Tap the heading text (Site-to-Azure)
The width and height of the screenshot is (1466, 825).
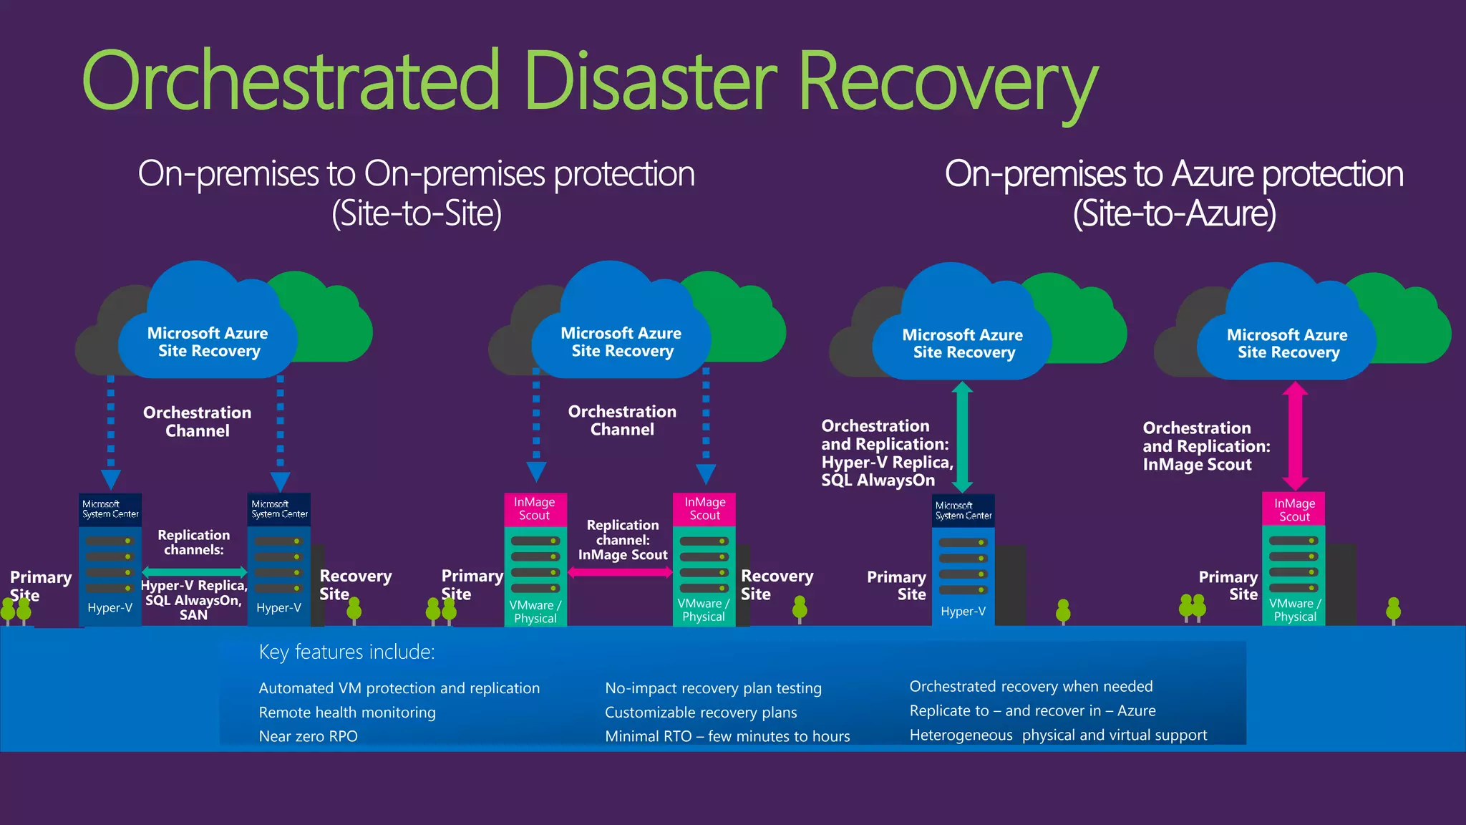(1174, 213)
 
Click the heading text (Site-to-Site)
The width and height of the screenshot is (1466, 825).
(417, 213)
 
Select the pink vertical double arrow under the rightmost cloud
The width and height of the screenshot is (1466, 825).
(1295, 435)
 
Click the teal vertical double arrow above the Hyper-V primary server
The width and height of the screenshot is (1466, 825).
(963, 437)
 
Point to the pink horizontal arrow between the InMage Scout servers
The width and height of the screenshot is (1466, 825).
(620, 572)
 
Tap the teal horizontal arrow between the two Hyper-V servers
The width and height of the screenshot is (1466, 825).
(194, 571)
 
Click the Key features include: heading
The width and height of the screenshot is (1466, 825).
(346, 652)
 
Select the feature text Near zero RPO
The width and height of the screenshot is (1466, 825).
(308, 736)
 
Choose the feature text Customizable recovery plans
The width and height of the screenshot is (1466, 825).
(701, 713)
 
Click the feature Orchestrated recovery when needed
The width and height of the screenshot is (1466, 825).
(1031, 686)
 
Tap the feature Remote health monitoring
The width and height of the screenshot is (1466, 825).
(347, 713)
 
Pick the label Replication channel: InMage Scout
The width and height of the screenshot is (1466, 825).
(623, 540)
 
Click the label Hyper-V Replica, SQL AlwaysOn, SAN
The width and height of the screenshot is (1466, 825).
(194, 600)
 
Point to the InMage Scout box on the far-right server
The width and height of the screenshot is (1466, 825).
(1294, 509)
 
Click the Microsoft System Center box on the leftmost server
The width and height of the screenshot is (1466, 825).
(110, 509)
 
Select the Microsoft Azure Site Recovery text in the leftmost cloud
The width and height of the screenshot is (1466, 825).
(208, 342)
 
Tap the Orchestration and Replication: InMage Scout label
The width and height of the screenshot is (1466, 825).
(1205, 446)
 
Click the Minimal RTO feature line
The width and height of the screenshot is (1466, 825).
(727, 736)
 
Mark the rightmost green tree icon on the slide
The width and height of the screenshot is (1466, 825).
(1393, 610)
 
